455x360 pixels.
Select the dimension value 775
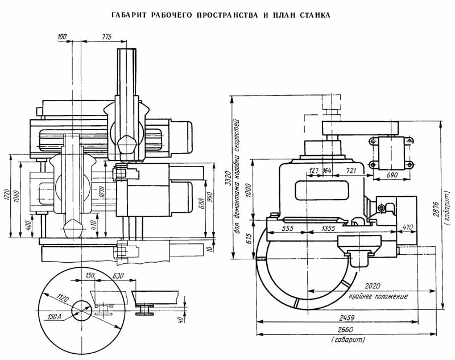[x=106, y=36]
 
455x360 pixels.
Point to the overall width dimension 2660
[x=345, y=330]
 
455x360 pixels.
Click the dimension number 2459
[x=347, y=317]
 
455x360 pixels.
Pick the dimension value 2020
[x=373, y=286]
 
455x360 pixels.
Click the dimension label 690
[x=392, y=175]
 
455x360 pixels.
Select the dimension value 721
[x=351, y=171]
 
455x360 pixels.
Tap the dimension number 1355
[x=328, y=228]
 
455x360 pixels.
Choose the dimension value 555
[x=288, y=228]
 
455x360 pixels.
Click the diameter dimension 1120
[x=63, y=297]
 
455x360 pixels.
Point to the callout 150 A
[x=54, y=317]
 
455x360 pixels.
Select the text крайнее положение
[x=378, y=296]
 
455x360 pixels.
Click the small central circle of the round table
[x=81, y=311]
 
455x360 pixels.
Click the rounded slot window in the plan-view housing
[x=322, y=191]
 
